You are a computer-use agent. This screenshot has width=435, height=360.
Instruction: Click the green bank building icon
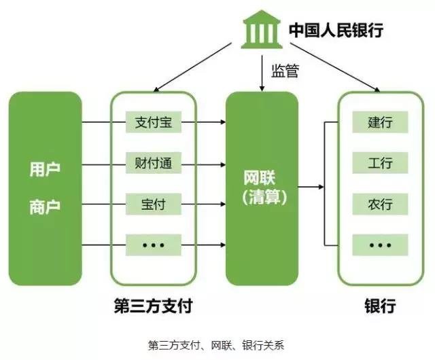pos(262,29)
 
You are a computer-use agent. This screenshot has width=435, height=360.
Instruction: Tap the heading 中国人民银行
pos(336,30)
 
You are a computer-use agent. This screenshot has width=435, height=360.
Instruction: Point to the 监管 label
pos(285,71)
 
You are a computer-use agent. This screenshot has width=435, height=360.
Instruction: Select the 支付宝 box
pos(154,122)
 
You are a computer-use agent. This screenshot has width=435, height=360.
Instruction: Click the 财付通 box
pos(154,163)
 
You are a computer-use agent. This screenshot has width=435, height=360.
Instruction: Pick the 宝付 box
pos(154,204)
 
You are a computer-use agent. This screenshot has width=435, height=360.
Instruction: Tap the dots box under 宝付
pos(154,245)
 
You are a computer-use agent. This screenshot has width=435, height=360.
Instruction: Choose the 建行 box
pos(380,122)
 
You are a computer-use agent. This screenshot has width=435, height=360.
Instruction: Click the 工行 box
pos(380,163)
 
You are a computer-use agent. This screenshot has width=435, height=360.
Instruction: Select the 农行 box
pos(380,204)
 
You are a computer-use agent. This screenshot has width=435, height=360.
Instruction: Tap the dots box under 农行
pos(380,245)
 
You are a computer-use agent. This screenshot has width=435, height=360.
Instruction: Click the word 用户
pos(45,169)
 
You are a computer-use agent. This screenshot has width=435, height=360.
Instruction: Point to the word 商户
pos(45,207)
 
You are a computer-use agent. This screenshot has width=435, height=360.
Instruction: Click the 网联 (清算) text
pos(264,187)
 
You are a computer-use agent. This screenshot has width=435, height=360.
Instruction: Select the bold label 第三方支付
pos(153,306)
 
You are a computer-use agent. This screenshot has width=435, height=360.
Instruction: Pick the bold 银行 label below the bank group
pos(380,306)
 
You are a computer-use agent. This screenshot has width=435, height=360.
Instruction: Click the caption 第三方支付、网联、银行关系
pos(216,346)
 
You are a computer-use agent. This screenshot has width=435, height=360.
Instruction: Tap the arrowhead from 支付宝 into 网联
pos(223,122)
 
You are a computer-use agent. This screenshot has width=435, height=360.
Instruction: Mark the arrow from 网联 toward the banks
pos(311,187)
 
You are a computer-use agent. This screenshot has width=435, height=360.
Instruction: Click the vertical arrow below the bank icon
pos(262,73)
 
